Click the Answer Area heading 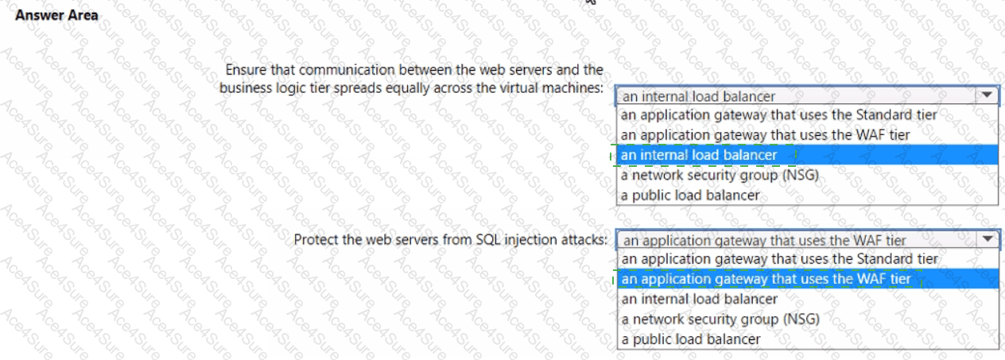pos(56,15)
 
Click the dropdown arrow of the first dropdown pos(987,95)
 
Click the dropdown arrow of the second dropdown pos(988,239)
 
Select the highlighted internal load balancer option pos(699,155)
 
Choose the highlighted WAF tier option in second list pos(766,279)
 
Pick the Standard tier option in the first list pos(779,115)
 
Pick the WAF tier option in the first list pos(766,135)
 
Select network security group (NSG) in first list pos(720,176)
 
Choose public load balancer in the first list pos(690,195)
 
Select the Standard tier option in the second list pos(780,259)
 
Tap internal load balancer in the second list pos(700,299)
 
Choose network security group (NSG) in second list pos(721,319)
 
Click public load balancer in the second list pos(692,339)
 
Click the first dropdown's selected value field pos(795,96)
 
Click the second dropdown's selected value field pos(797,240)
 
